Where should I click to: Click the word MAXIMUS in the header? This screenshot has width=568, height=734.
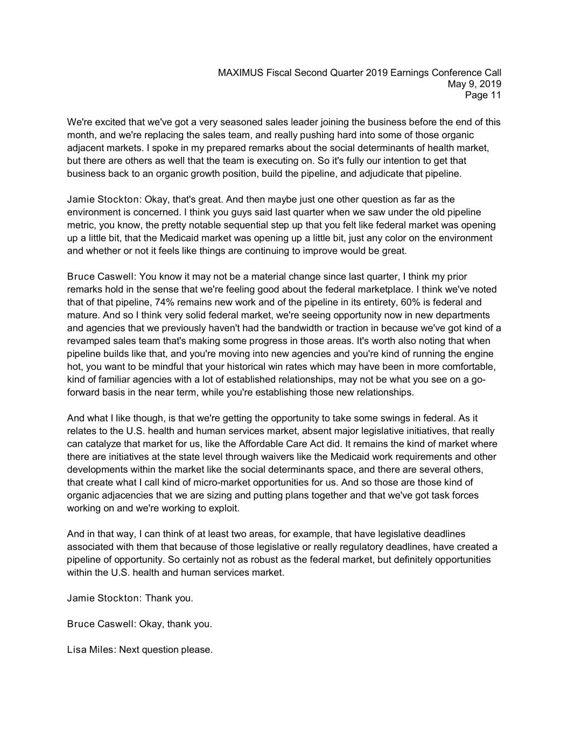241,73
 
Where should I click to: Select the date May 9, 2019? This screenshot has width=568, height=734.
474,84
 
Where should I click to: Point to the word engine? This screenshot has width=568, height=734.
479,354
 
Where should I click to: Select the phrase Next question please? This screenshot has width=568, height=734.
166,650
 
